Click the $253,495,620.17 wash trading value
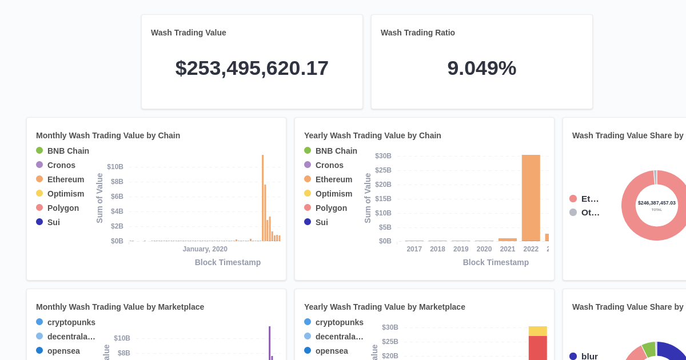[252, 68]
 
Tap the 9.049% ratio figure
[481, 68]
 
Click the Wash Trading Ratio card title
[418, 33]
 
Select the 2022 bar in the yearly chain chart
[531, 198]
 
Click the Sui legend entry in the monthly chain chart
[53, 222]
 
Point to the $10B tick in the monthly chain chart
[115, 167]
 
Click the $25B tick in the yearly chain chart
[383, 170]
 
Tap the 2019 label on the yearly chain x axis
[461, 249]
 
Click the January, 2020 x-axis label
[205, 249]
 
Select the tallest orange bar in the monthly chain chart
[262, 198]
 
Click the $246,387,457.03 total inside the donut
[657, 203]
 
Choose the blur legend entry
[589, 356]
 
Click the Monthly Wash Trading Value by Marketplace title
[120, 307]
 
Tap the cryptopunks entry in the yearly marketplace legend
[339, 322]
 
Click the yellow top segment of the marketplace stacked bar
[537, 331]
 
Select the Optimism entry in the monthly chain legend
[65, 194]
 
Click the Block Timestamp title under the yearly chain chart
[496, 262]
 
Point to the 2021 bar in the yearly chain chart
[507, 239]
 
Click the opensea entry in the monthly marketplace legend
[63, 351]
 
